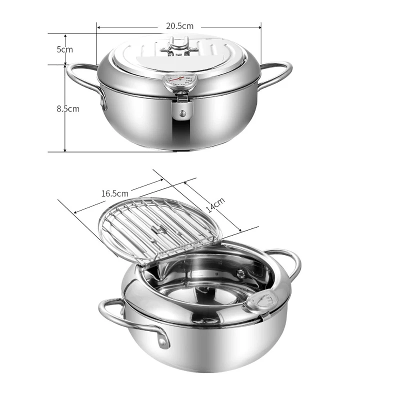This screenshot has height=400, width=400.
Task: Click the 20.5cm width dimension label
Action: point(179,26)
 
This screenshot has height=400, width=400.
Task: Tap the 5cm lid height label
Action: point(64,49)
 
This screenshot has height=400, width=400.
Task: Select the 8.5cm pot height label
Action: point(68,108)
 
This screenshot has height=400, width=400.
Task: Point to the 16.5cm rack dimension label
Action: point(115,193)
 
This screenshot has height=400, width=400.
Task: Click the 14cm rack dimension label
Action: point(215,205)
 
